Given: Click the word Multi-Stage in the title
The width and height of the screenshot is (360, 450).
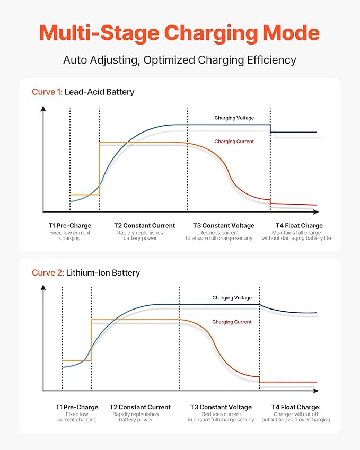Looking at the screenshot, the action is [x=99, y=33].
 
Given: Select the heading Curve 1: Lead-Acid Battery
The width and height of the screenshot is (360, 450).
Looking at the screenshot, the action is [x=83, y=92].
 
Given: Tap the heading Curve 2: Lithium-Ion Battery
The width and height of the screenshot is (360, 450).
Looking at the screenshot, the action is [x=86, y=272].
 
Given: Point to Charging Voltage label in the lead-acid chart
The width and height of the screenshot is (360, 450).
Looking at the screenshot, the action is [x=234, y=118].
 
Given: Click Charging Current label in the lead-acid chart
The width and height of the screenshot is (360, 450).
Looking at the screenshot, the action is [x=234, y=142].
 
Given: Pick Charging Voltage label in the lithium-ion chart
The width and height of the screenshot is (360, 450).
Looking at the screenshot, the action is [x=232, y=298].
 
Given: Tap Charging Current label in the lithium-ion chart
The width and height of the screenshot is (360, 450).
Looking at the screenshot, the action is [x=232, y=322].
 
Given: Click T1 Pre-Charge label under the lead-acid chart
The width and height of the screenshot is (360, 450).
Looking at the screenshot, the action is [x=70, y=226].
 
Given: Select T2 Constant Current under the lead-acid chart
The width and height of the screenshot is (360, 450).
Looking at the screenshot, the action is [x=144, y=226].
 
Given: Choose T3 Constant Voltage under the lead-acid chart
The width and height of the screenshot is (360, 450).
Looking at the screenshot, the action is [x=224, y=226].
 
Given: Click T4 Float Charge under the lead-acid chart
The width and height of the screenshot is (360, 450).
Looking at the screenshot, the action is [x=299, y=226].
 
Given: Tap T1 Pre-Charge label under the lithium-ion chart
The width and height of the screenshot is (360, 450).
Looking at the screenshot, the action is [x=77, y=407].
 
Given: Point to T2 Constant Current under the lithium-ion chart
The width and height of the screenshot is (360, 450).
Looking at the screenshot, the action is [x=140, y=407].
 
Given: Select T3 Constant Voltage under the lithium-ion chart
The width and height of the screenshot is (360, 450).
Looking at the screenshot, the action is [x=221, y=407].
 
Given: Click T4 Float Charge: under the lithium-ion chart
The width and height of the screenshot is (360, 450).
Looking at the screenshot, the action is [x=296, y=407].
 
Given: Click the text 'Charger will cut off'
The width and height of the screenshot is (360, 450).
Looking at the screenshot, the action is [x=296, y=414].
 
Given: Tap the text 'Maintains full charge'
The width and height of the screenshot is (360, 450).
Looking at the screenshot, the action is [x=296, y=233].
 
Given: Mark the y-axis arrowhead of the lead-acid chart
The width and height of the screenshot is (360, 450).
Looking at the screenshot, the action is [x=43, y=108].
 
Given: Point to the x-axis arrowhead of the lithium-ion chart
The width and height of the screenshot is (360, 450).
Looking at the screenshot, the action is [x=316, y=391].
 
